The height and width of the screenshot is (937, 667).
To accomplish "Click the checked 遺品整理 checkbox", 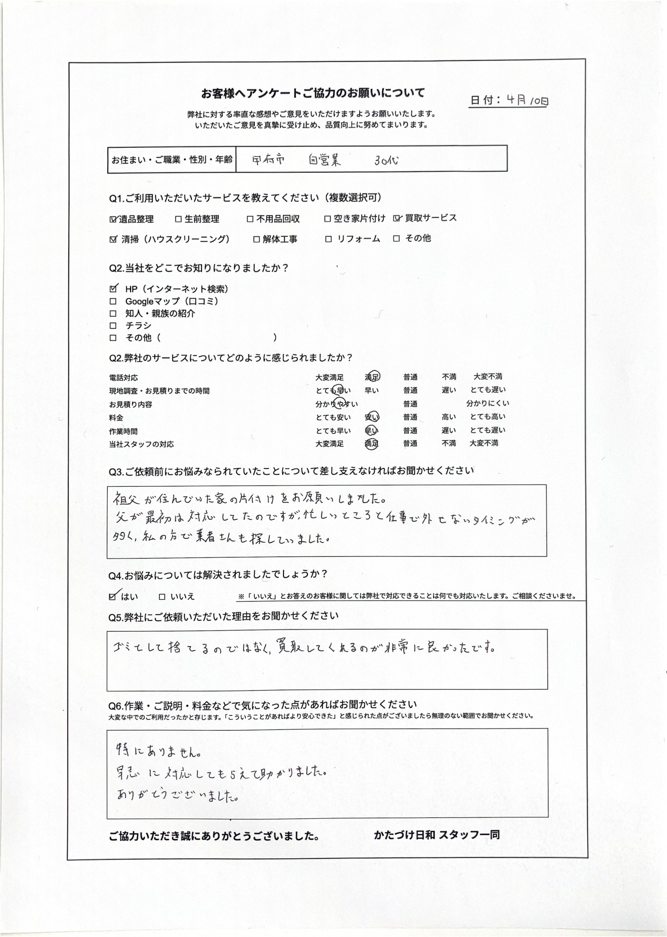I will (114, 220).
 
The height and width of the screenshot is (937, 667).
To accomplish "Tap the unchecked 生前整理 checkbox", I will (179, 220).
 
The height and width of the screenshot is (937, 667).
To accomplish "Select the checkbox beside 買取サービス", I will (397, 219).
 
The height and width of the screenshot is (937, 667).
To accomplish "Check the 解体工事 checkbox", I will (257, 240).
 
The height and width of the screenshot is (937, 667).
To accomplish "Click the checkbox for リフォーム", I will (328, 239).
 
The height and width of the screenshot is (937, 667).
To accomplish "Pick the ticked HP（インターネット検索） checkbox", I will (114, 289).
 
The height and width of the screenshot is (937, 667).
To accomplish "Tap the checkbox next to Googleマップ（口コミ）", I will (113, 302).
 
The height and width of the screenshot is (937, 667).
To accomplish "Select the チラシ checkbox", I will (113, 326).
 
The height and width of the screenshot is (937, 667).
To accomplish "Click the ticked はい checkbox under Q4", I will (113, 596).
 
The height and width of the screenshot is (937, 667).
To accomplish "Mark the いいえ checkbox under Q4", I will (162, 597).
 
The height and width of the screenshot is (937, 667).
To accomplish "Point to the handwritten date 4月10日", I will (527, 101).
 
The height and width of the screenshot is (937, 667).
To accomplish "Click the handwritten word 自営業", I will (324, 160).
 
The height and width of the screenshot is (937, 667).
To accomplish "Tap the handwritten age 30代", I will (386, 160).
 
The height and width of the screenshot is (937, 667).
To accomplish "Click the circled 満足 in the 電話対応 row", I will (372, 377).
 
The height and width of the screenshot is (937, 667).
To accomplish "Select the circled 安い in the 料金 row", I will (372, 417).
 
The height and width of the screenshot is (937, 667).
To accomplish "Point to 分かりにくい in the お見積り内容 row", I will (487, 404).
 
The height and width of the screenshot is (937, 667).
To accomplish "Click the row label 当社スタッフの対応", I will (141, 445).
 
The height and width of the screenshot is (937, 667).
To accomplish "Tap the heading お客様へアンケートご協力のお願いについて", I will (313, 93).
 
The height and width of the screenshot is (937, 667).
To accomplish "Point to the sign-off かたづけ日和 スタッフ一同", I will (437, 835).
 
